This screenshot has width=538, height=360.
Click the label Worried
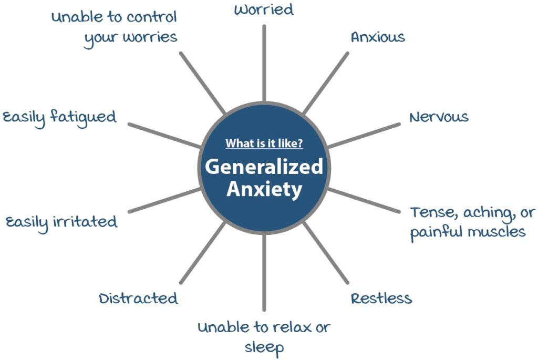[263, 10]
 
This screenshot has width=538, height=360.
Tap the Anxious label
[378, 37]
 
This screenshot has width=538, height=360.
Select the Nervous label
[439, 116]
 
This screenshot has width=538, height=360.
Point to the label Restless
[381, 299]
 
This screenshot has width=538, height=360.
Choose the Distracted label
[138, 299]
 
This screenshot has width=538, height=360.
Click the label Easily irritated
[61, 221]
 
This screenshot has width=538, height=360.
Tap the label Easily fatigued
[59, 116]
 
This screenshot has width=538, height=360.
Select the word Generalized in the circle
[263, 167]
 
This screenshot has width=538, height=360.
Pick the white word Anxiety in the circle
[264, 189]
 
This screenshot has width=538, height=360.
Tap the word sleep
[264, 347]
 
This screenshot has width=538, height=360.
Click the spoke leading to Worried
[264, 63]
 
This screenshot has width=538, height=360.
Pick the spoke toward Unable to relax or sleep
[264, 273]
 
